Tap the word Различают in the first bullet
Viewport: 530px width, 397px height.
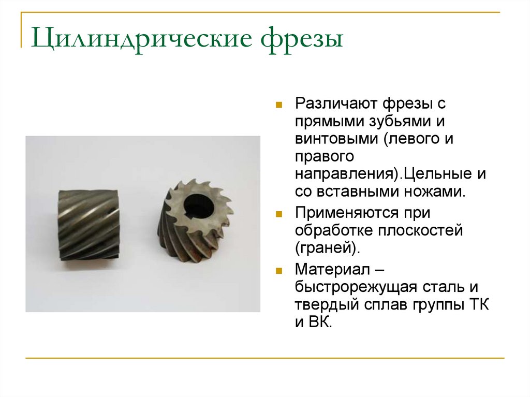tap(336, 104)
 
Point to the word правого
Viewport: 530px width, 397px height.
tap(325, 157)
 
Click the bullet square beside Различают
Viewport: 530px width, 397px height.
tap(278, 105)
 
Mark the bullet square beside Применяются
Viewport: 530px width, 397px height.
tap(278, 214)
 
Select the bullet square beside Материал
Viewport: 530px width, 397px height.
tap(278, 271)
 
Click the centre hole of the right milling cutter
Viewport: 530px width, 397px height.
tap(199, 206)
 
